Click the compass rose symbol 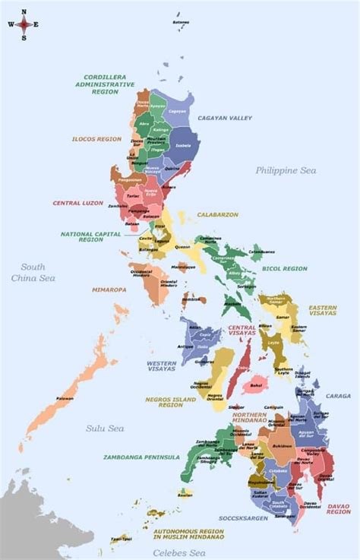coord(24,24)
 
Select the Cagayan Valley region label coord(225,119)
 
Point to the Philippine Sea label coord(285,170)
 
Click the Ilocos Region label coord(96,140)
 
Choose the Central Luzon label coord(77,203)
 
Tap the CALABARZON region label coord(218,215)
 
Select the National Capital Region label coord(91,236)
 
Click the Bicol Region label coord(286,268)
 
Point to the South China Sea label coord(33,272)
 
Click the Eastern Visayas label coord(323,311)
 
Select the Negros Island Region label coord(171,401)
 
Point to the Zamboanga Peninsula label coord(141,457)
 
